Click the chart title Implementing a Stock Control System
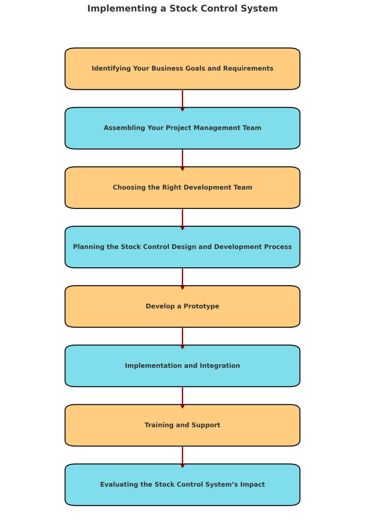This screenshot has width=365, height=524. pyautogui.click(x=182, y=9)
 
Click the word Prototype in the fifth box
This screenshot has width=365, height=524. pyautogui.click(x=202, y=306)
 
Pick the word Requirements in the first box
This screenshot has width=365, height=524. pyautogui.click(x=249, y=68)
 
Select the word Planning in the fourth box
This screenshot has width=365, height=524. pyautogui.click(x=89, y=247)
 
